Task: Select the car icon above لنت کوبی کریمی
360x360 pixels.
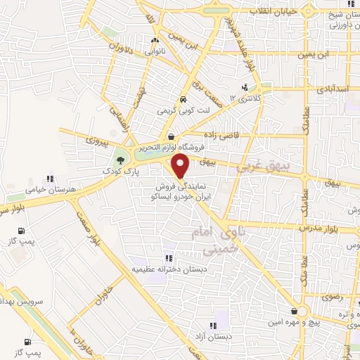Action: click(x=183, y=99)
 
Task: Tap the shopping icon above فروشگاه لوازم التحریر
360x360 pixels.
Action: click(x=172, y=136)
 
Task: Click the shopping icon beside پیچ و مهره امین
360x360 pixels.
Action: click(x=294, y=311)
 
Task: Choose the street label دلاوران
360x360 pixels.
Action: click(x=120, y=46)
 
